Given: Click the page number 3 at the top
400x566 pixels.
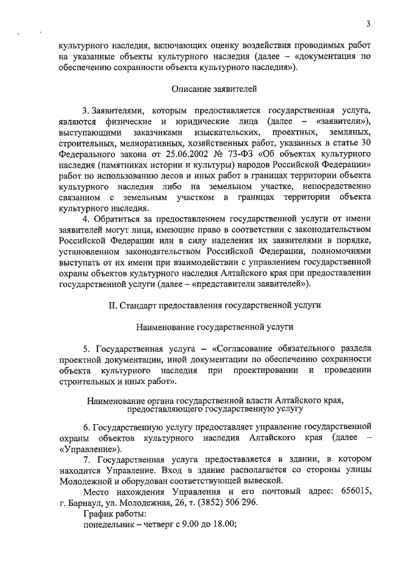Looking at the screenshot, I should coord(369,24).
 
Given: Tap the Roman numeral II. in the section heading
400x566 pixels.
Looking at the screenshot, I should coord(113,306).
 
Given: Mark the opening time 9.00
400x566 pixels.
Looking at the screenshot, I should coord(184,525).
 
